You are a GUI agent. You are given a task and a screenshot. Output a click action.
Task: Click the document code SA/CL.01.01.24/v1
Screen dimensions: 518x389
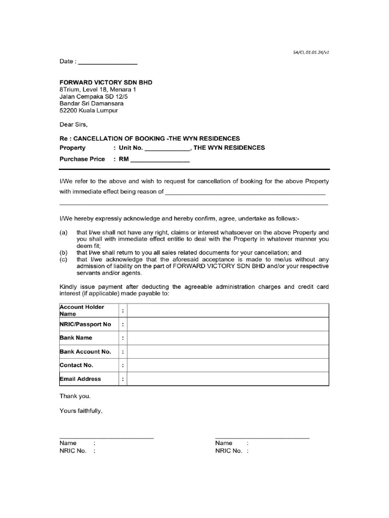(312, 52)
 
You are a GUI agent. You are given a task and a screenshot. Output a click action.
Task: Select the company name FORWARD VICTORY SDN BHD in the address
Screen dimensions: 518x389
(106, 82)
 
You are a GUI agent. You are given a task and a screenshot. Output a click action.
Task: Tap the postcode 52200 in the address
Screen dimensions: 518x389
(69, 110)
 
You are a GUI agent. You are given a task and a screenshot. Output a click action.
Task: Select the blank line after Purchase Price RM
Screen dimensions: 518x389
(160, 161)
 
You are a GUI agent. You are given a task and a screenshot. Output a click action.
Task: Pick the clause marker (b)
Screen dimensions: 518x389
(64, 252)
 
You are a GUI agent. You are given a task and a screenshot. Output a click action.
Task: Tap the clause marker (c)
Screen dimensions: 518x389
(64, 260)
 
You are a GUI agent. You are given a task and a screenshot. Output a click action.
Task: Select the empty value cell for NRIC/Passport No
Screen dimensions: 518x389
(228, 324)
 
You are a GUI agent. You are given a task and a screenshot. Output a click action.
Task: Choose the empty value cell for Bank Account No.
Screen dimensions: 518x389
(228, 352)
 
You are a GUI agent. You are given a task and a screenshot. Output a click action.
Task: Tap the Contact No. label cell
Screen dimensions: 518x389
(76, 365)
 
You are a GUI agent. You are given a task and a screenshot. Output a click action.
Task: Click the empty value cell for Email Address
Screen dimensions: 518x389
(228, 379)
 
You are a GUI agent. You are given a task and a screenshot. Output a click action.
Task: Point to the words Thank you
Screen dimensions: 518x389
(75, 397)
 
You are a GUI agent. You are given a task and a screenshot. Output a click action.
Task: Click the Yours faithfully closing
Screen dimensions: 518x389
(81, 411)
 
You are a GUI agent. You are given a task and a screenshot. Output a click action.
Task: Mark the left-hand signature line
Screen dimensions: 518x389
(106, 437)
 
